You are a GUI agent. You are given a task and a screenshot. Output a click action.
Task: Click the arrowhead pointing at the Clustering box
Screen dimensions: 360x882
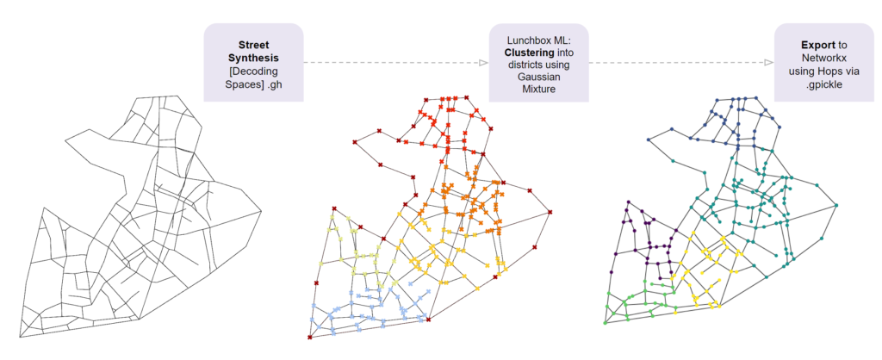point(483,63)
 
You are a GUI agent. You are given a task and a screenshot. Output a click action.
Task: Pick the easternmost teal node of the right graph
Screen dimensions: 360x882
point(835,204)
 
